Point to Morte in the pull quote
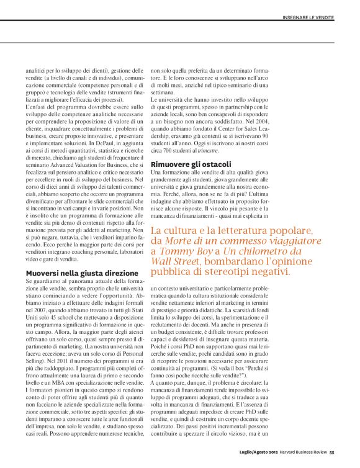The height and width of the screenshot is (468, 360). pyautogui.click(x=181, y=240)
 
